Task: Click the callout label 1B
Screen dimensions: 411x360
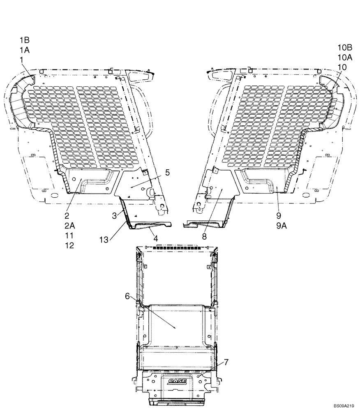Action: [24, 40]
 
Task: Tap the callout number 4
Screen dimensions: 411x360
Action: [156, 238]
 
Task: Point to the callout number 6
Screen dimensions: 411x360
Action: [127, 296]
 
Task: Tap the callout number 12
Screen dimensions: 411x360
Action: [69, 245]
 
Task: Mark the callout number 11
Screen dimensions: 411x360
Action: [69, 236]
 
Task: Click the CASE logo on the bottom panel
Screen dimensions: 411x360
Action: [177, 381]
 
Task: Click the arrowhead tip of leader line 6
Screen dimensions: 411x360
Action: [176, 328]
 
